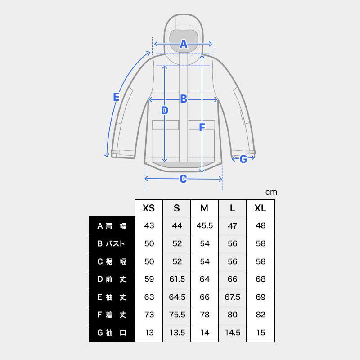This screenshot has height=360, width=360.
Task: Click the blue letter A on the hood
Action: tap(183, 44)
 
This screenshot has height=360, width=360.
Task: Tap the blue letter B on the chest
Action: tap(183, 99)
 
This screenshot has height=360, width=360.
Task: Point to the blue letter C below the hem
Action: tap(183, 179)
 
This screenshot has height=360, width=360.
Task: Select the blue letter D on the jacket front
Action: tap(165, 110)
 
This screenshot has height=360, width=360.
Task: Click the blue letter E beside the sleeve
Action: tap(116, 97)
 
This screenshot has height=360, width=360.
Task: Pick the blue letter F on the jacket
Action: tap(202, 128)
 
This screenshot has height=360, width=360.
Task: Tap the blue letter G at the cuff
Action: tap(243, 159)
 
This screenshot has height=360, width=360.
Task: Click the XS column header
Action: tap(148, 208)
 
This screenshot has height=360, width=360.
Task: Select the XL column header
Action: tap(261, 208)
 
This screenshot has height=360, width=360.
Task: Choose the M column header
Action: tap(205, 208)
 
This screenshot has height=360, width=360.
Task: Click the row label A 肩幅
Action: tap(112, 226)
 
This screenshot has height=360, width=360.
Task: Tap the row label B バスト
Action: tap(112, 244)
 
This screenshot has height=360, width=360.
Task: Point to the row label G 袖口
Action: tap(112, 333)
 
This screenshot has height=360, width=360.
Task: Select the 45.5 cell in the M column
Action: tap(205, 226)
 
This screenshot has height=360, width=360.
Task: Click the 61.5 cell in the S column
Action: tap(177, 279)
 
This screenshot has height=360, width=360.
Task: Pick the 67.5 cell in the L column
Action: tap(233, 297)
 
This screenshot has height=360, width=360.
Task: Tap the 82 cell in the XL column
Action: tap(261, 315)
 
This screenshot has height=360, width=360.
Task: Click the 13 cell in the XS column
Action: tap(149, 333)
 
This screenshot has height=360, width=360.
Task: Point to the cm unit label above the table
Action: tap(271, 192)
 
